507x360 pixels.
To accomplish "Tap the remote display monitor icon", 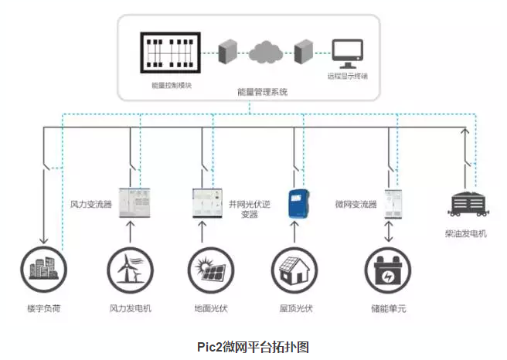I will pyautogui.click(x=347, y=53).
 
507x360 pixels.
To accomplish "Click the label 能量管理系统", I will pyautogui.click(x=262, y=91).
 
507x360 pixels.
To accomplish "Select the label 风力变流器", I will pyautogui.click(x=91, y=205).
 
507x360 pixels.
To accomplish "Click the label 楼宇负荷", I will pyautogui.click(x=43, y=309).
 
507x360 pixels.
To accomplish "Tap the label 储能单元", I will pyautogui.click(x=388, y=309).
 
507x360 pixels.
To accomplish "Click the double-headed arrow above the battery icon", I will pyautogui.click(x=388, y=230).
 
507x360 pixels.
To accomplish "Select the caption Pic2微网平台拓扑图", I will pyautogui.click(x=253, y=345).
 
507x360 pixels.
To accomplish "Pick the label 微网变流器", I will pyautogui.click(x=356, y=205).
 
